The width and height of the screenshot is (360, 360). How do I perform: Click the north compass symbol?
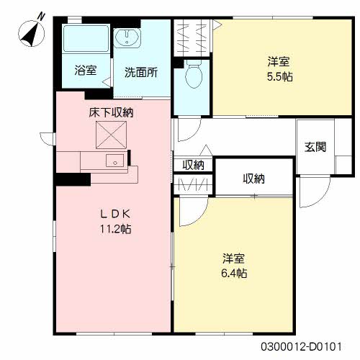[32, 33]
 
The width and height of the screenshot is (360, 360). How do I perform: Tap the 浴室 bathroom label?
[86, 70]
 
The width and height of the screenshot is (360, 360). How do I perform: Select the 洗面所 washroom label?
[141, 72]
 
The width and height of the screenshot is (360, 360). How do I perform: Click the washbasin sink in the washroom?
[127, 37]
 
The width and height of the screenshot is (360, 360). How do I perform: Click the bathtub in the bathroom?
[86, 38]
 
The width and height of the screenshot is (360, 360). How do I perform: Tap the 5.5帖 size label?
[280, 77]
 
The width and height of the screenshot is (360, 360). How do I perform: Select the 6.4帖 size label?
[234, 273]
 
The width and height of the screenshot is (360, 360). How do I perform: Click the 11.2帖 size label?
[115, 229]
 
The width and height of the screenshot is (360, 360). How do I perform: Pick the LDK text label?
[115, 214]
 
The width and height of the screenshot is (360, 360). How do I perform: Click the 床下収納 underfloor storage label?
[111, 112]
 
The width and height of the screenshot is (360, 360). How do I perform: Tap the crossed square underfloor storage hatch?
[111, 135]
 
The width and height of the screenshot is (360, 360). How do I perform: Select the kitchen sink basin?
[115, 161]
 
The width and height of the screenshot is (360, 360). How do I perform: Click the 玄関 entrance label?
[315, 147]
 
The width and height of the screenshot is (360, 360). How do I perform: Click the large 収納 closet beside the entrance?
[254, 179]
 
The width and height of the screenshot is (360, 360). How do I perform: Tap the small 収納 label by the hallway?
[193, 165]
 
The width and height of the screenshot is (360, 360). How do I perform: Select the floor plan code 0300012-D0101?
[301, 346]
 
